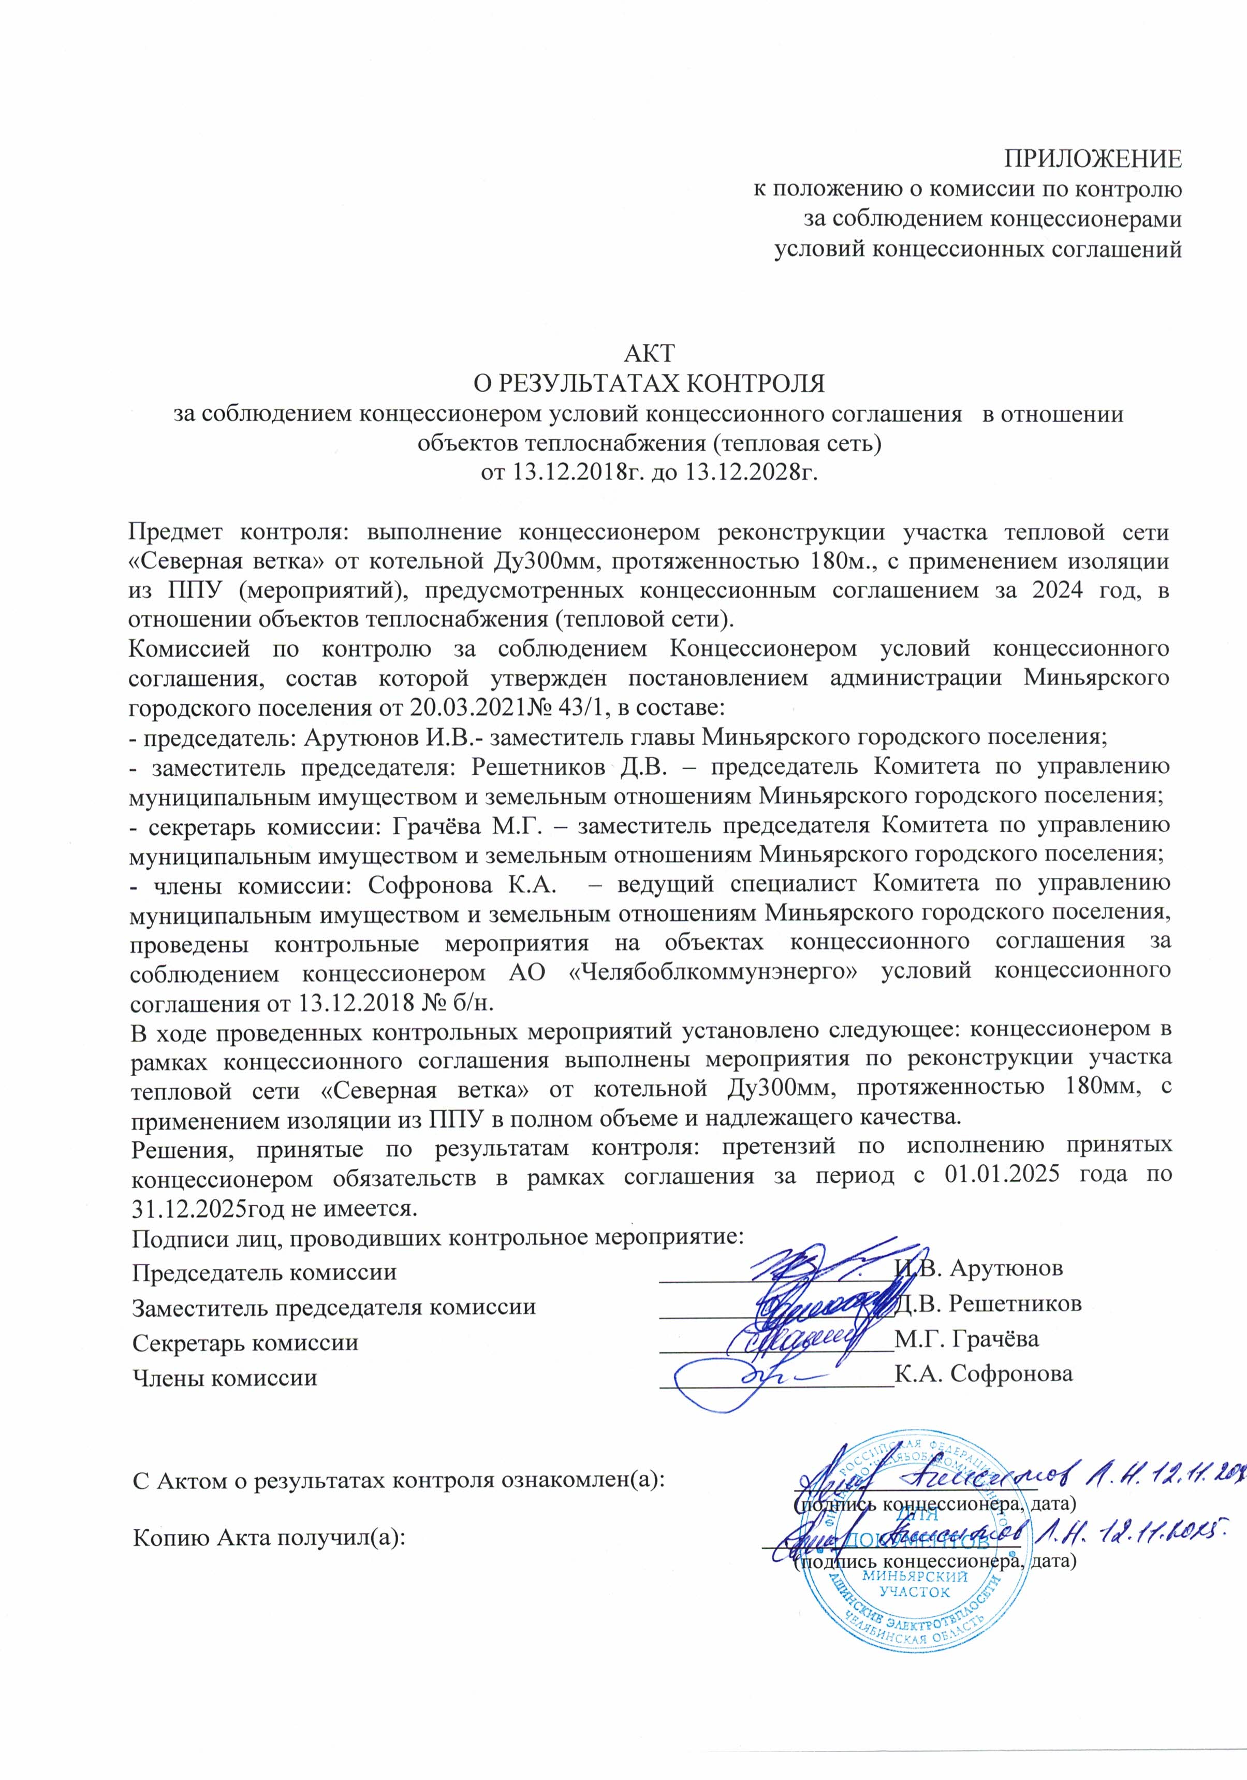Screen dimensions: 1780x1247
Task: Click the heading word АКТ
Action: tap(650, 353)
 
